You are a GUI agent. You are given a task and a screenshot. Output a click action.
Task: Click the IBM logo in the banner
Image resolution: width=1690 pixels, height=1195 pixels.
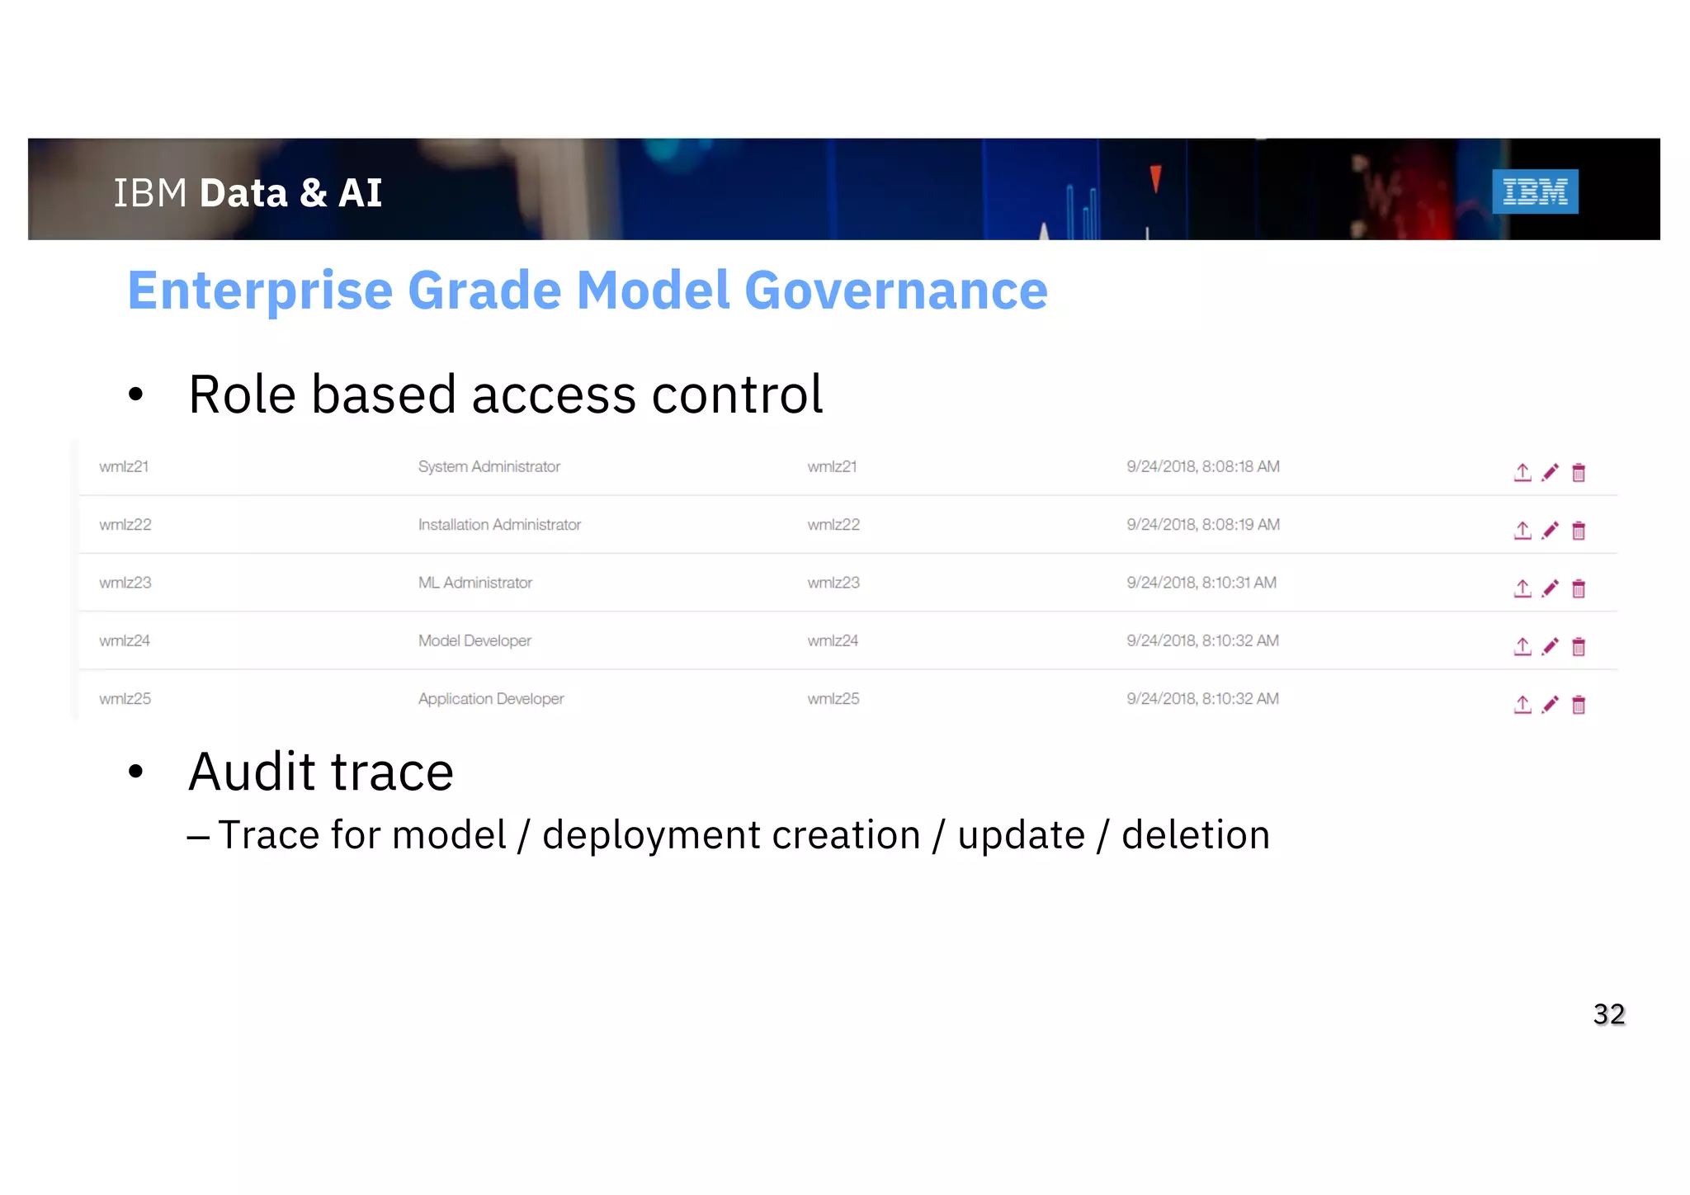(x=1534, y=191)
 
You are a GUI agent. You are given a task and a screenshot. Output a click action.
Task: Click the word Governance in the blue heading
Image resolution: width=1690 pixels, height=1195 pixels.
(x=895, y=290)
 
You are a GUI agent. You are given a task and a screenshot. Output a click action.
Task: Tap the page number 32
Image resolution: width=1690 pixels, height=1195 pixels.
(x=1608, y=1013)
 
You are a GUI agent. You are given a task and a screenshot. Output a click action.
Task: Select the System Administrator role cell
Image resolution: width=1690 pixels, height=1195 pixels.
(x=489, y=466)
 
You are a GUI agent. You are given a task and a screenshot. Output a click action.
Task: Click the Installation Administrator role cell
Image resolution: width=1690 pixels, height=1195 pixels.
(x=499, y=525)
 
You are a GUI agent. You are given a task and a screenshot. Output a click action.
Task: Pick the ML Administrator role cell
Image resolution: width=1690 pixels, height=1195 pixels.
(x=474, y=583)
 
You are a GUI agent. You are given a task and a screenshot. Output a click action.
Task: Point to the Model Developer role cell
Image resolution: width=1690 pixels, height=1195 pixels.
(x=474, y=640)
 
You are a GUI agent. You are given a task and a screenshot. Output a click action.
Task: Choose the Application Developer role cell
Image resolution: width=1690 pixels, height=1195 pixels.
(x=490, y=699)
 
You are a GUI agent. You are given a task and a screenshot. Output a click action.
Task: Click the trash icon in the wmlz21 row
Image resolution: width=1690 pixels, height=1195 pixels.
(x=1578, y=472)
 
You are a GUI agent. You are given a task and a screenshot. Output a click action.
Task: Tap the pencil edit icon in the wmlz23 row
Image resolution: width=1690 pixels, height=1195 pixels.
(x=1550, y=588)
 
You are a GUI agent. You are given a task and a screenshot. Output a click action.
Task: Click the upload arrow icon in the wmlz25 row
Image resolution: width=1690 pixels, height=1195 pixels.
(x=1522, y=705)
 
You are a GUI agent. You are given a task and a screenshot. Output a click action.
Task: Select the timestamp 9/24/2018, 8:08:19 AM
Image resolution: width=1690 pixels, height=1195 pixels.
(x=1202, y=525)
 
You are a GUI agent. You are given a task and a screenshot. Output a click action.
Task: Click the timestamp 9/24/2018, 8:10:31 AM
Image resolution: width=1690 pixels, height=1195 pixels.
(x=1201, y=583)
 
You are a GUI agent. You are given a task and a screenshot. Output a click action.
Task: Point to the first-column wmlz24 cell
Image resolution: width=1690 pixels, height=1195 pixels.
(x=125, y=640)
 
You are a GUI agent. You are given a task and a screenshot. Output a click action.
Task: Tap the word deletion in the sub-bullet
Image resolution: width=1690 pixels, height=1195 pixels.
(x=1195, y=835)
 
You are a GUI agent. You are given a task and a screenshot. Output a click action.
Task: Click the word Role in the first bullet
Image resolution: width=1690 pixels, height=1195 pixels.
(x=242, y=394)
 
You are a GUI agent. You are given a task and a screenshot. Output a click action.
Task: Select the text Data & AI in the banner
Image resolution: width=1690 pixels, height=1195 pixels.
(x=290, y=193)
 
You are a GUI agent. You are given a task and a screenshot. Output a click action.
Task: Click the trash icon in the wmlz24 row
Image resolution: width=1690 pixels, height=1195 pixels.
(x=1578, y=646)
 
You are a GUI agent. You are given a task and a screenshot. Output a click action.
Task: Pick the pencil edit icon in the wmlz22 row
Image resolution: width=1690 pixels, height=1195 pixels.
(x=1550, y=530)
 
